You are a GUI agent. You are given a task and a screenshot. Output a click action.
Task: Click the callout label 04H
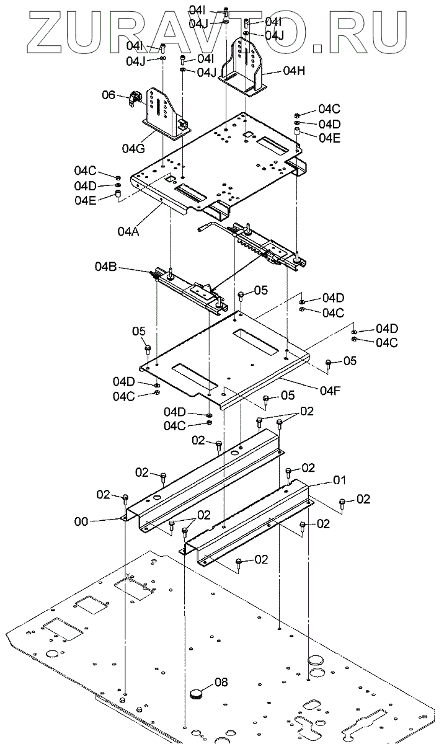click(295, 71)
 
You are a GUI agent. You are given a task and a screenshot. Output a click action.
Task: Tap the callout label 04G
click(133, 148)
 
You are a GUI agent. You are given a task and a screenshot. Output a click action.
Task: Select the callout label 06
click(109, 95)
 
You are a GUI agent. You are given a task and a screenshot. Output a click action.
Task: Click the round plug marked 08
click(197, 693)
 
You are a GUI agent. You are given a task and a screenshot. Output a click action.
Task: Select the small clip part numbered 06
click(135, 99)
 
